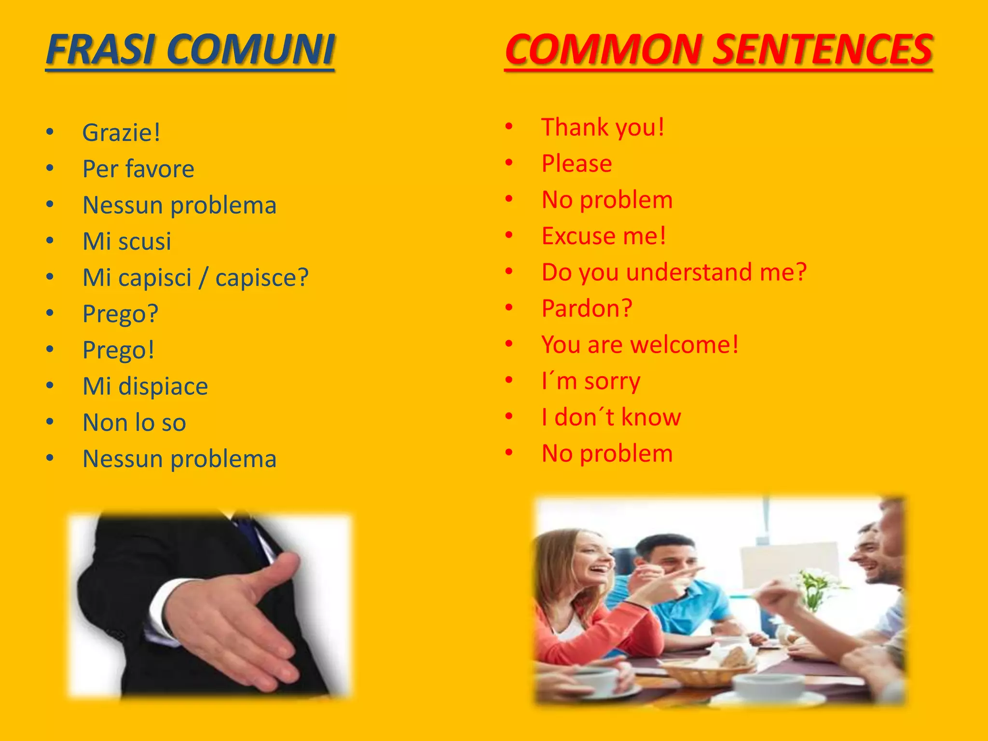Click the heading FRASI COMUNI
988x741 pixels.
coord(190,49)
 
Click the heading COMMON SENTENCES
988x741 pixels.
coord(718,49)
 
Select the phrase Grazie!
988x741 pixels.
coord(121,133)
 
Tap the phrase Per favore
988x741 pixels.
coord(138,169)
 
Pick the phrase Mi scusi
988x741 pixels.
coord(127,241)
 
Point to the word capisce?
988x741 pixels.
coord(261,278)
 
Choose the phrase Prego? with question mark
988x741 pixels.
coord(121,314)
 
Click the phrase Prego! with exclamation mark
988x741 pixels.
coord(119,350)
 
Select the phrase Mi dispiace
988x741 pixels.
coord(145,386)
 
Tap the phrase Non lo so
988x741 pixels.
coord(134,423)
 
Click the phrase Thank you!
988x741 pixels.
coord(603,127)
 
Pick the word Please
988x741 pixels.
coord(577,164)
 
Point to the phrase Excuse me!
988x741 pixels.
coord(604,236)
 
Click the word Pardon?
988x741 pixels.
coord(587,308)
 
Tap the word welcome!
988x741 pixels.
coord(684,344)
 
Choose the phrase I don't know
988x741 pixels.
coord(611,417)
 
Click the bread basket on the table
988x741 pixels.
coord(709,668)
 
